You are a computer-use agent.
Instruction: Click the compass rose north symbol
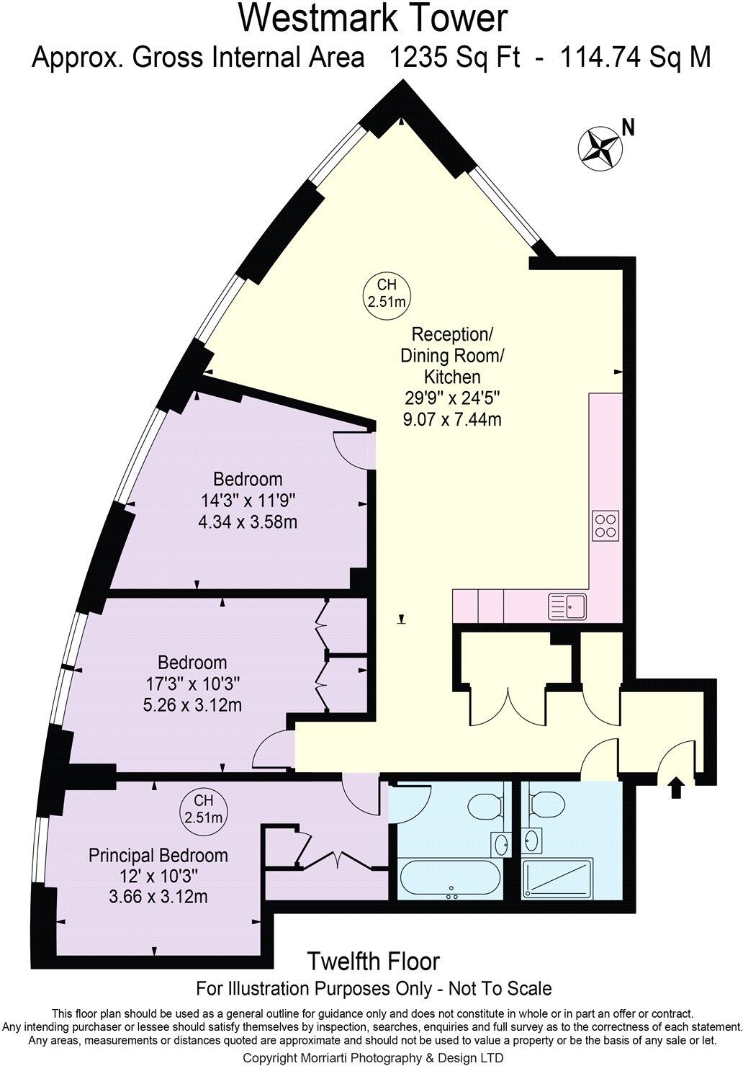pos(600,147)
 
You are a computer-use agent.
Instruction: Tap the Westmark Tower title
pos(373,19)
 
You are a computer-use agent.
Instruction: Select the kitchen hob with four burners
pos(605,525)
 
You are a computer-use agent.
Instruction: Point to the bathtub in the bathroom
pos(448,879)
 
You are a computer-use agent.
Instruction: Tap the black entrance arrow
pos(676,787)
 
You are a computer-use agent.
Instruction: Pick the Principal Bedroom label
pos(158,855)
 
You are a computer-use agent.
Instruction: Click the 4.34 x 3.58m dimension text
pos(248,521)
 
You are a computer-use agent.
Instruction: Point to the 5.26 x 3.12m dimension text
pos(192,704)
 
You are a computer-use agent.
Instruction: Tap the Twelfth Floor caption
pos(373,961)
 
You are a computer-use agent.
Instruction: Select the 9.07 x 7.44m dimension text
pos(451,418)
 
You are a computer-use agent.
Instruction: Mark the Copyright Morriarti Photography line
pos(373,1057)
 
